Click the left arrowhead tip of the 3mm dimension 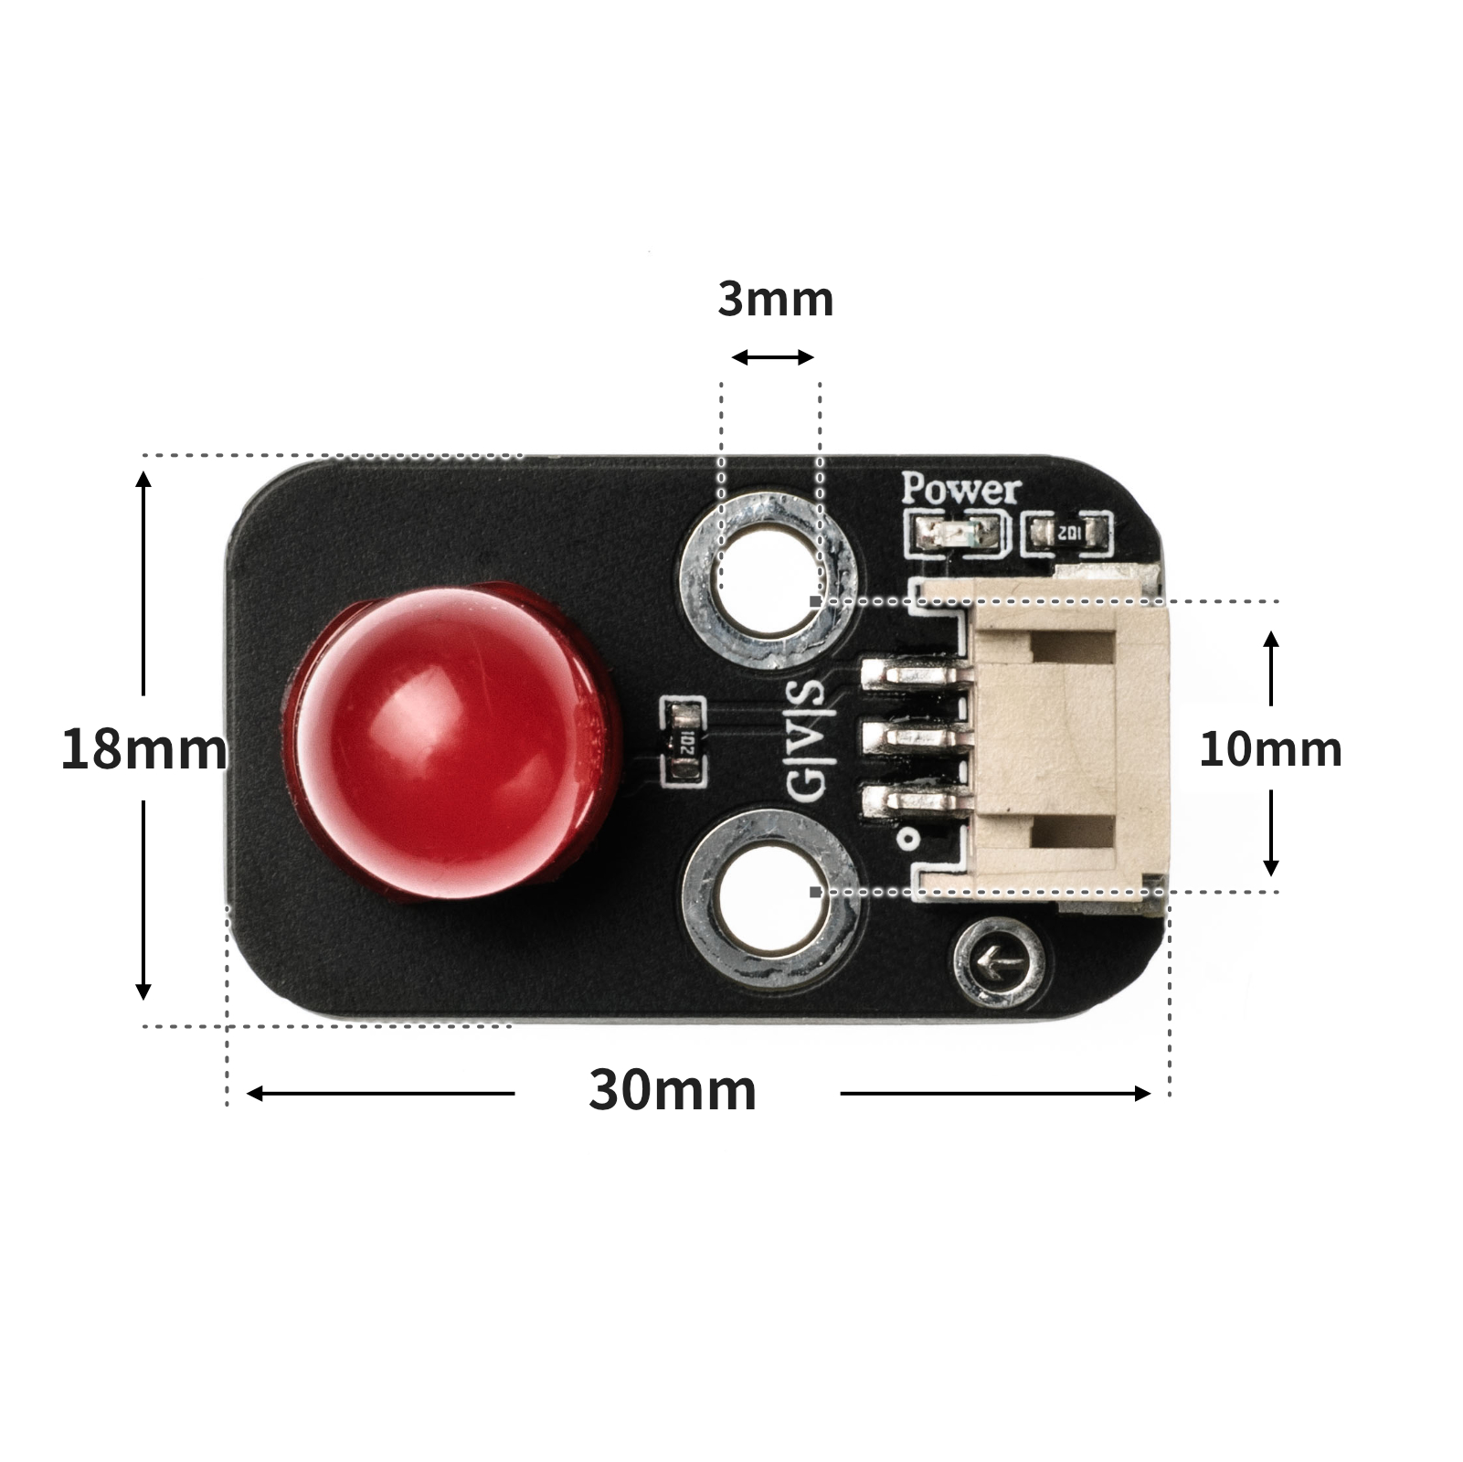click(733, 357)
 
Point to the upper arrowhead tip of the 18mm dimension click(143, 471)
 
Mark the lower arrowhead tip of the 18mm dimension click(143, 1000)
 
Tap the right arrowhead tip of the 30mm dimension click(1150, 1093)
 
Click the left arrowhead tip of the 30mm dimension click(248, 1093)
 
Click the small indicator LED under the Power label click(958, 532)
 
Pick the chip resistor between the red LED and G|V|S click(683, 741)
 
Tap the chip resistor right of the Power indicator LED click(1067, 533)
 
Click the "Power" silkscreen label click(960, 491)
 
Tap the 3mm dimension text click(776, 299)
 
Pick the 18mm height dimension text click(143, 749)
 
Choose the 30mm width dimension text click(673, 1089)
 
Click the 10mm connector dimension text click(1270, 749)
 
